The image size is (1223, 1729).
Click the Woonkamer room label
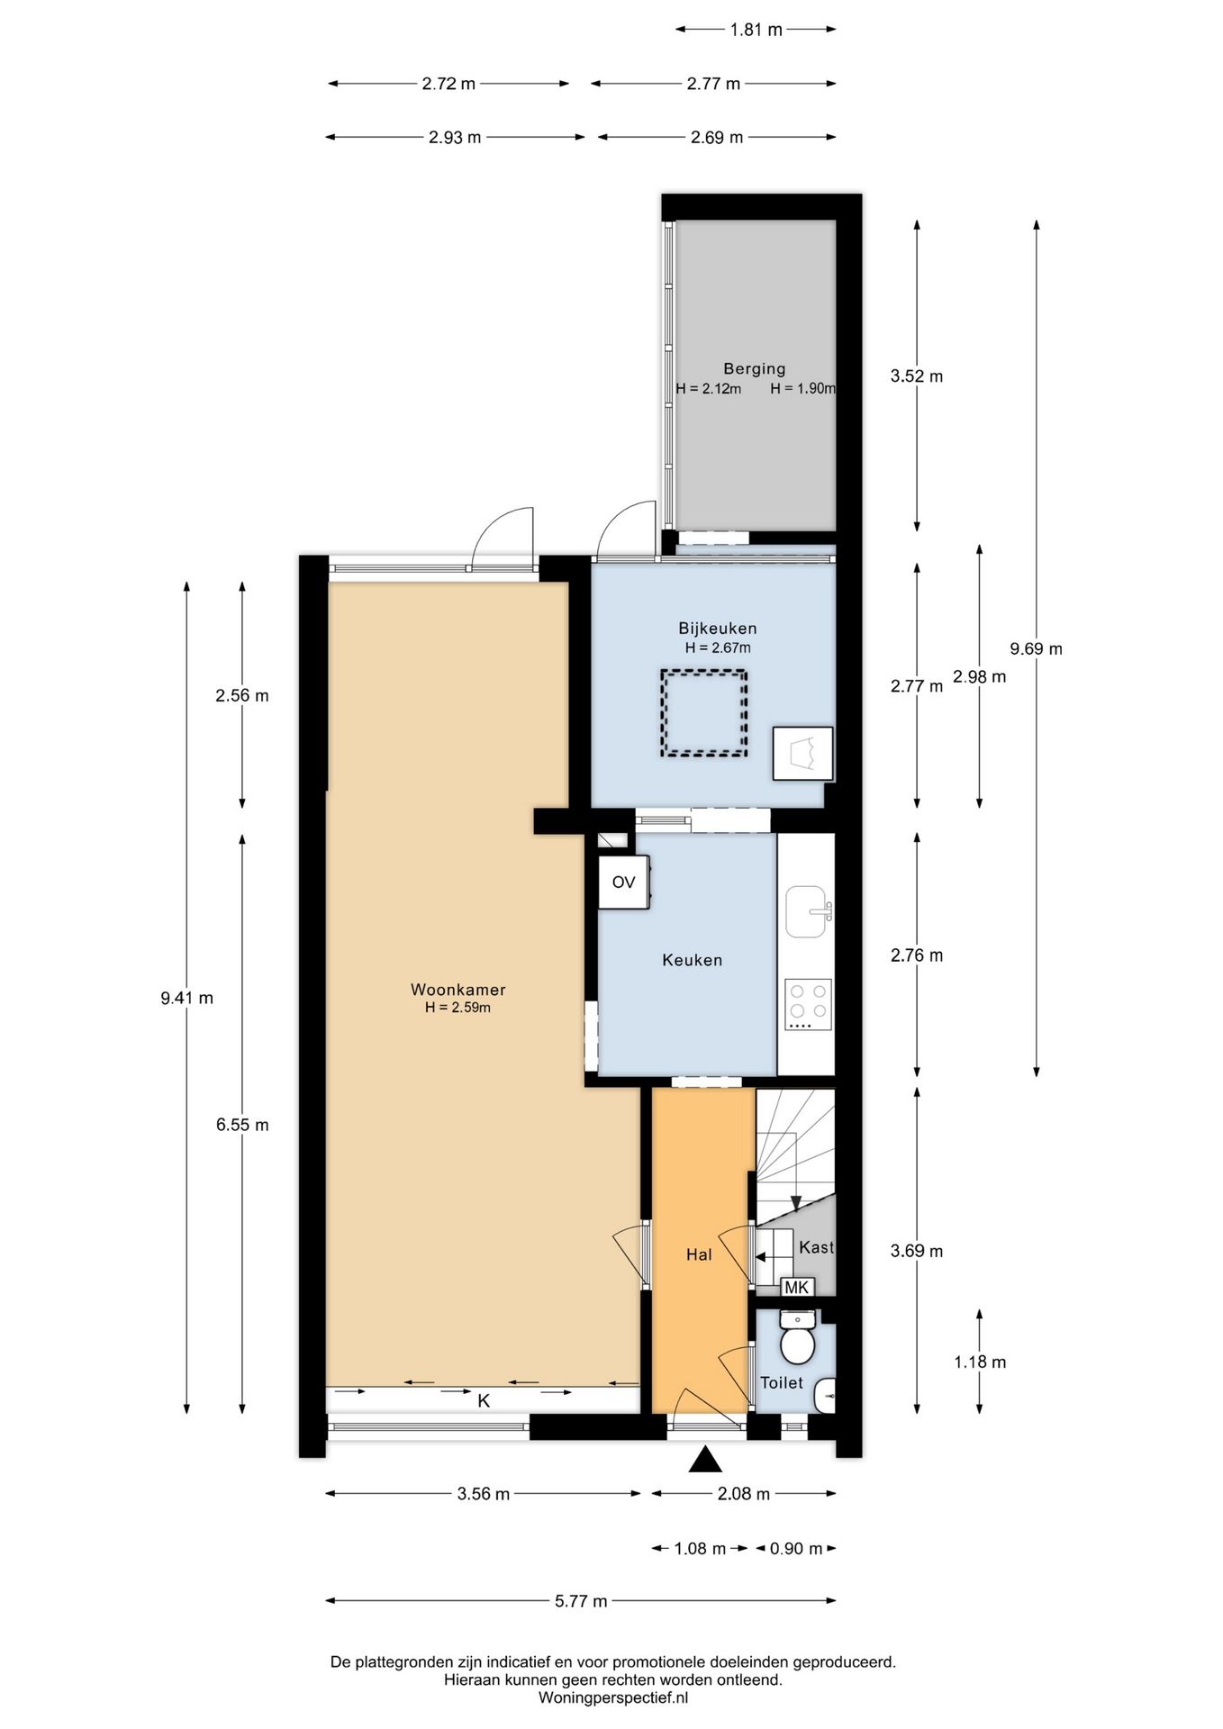(x=457, y=989)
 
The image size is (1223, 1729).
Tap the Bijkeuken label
(x=717, y=628)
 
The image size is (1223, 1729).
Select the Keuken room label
(x=692, y=960)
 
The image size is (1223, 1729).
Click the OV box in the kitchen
(x=623, y=882)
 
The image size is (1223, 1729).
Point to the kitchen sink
(x=807, y=911)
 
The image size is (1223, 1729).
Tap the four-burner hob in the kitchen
(x=808, y=1004)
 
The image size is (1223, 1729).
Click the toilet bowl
(x=797, y=1346)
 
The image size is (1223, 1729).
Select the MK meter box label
(x=797, y=1287)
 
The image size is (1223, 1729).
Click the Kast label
(x=816, y=1247)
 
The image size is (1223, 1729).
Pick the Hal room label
(x=699, y=1254)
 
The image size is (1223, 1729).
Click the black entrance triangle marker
(x=705, y=1459)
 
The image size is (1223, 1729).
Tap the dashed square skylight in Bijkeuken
(x=703, y=712)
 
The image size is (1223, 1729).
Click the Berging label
(x=754, y=368)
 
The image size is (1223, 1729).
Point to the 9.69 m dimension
(x=1037, y=648)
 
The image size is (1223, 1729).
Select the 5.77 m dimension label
(x=581, y=1601)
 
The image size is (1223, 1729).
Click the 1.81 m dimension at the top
(x=756, y=29)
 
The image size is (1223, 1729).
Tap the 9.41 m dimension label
(x=186, y=998)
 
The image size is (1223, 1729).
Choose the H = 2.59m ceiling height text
(x=457, y=1008)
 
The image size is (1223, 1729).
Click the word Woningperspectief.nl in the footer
(x=613, y=1697)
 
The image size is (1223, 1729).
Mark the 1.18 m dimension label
(x=980, y=1362)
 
